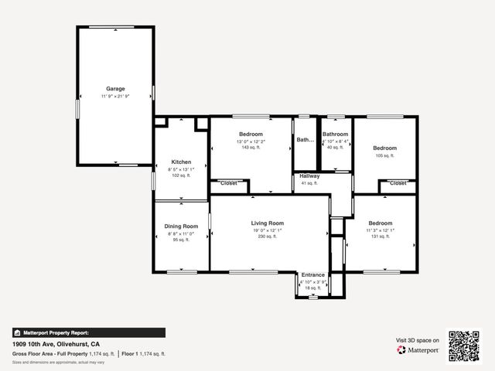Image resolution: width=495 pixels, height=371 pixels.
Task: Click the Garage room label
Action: (x=115, y=89)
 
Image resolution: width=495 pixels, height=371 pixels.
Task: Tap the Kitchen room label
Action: (x=181, y=162)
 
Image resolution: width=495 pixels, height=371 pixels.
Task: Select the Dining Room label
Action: (x=182, y=226)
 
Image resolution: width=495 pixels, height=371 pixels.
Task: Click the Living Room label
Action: (x=267, y=223)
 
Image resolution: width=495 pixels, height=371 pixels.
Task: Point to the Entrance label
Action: (x=313, y=274)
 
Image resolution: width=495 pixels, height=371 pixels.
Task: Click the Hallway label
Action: (x=310, y=176)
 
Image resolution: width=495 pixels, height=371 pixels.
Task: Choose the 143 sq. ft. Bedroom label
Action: (x=251, y=134)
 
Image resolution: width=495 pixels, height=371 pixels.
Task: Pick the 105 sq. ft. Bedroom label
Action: (x=384, y=148)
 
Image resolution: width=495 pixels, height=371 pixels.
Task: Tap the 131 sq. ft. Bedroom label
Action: (x=380, y=223)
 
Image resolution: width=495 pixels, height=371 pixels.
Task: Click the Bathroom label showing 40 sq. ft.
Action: (x=335, y=134)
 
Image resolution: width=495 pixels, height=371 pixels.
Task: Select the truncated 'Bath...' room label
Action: (x=305, y=140)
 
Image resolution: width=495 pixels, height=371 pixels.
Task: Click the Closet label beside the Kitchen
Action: (x=229, y=183)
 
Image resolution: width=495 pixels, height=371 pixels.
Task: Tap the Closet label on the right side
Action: (x=398, y=183)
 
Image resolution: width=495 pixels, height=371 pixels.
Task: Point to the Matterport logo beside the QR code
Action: (x=418, y=350)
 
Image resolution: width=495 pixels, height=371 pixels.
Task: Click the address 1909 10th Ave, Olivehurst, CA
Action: (x=56, y=344)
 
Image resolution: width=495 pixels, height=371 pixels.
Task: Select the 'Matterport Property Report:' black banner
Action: (x=88, y=332)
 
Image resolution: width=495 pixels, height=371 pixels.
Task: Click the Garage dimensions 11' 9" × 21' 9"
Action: (x=115, y=96)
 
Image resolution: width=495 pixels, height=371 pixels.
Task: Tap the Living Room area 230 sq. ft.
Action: (x=267, y=237)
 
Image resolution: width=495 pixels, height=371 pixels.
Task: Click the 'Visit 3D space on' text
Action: (x=418, y=340)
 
